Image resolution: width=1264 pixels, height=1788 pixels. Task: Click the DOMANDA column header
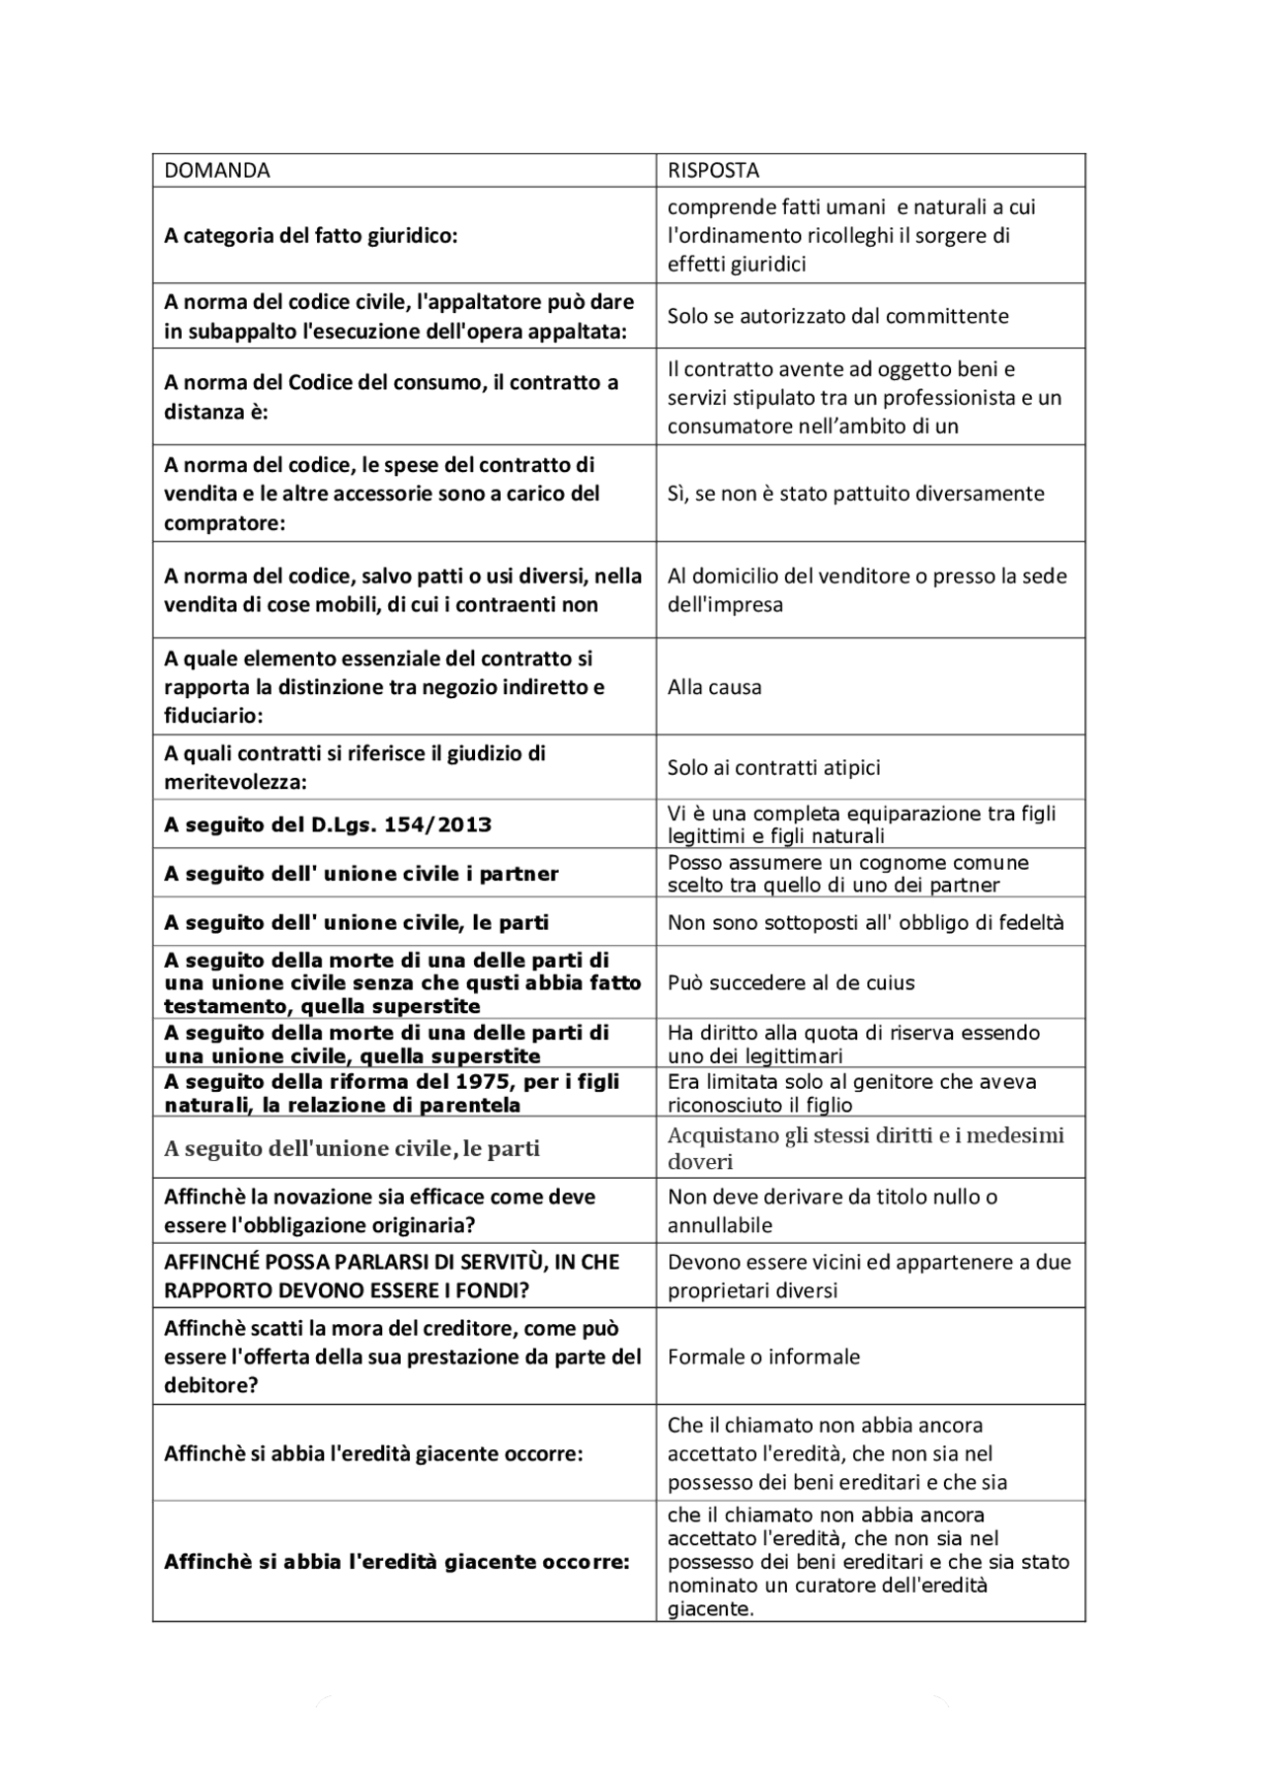click(x=216, y=170)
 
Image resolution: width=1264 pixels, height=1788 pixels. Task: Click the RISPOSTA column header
click(x=713, y=170)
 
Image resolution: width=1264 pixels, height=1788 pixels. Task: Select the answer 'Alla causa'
click(x=714, y=687)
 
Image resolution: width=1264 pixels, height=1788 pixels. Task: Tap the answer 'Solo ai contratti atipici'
click(x=773, y=767)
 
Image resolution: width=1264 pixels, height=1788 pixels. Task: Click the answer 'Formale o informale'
click(x=763, y=1357)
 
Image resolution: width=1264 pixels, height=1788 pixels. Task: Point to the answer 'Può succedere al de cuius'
click(x=791, y=982)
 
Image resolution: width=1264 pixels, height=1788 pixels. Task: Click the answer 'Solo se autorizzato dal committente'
click(x=837, y=316)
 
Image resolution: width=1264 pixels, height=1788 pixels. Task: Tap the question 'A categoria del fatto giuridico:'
click(x=311, y=235)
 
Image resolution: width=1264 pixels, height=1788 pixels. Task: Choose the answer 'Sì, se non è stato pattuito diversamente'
click(x=855, y=493)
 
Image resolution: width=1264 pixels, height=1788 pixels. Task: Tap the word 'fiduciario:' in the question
click(x=213, y=715)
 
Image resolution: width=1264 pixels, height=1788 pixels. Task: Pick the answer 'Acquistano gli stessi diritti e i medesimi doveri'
click(x=865, y=1147)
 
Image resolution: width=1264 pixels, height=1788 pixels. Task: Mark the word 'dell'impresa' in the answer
click(x=725, y=604)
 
